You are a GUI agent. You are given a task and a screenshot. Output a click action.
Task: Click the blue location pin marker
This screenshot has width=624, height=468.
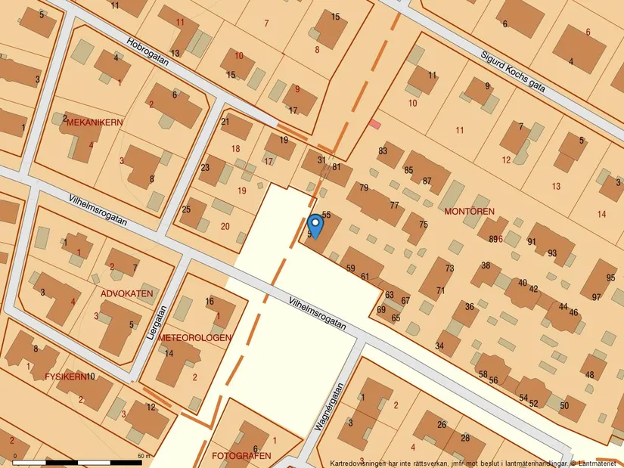(x=315, y=225)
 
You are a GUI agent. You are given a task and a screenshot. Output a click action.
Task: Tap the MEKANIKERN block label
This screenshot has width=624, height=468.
(x=94, y=122)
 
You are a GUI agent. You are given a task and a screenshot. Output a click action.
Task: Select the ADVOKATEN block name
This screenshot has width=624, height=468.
(x=127, y=293)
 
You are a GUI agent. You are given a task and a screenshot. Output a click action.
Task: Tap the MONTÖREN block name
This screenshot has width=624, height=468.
(x=469, y=211)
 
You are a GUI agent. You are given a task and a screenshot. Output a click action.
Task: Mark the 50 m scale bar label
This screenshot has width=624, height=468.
(x=144, y=456)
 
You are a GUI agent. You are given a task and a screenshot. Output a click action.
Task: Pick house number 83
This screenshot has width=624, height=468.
(x=383, y=151)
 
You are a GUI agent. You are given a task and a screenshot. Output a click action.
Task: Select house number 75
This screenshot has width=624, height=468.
(x=423, y=225)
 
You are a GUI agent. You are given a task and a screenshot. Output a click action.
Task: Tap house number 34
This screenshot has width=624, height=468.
(x=439, y=346)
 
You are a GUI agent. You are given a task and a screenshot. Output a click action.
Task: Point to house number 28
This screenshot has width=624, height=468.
(x=466, y=438)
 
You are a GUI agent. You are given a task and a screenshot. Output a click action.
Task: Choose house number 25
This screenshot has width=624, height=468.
(x=186, y=209)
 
